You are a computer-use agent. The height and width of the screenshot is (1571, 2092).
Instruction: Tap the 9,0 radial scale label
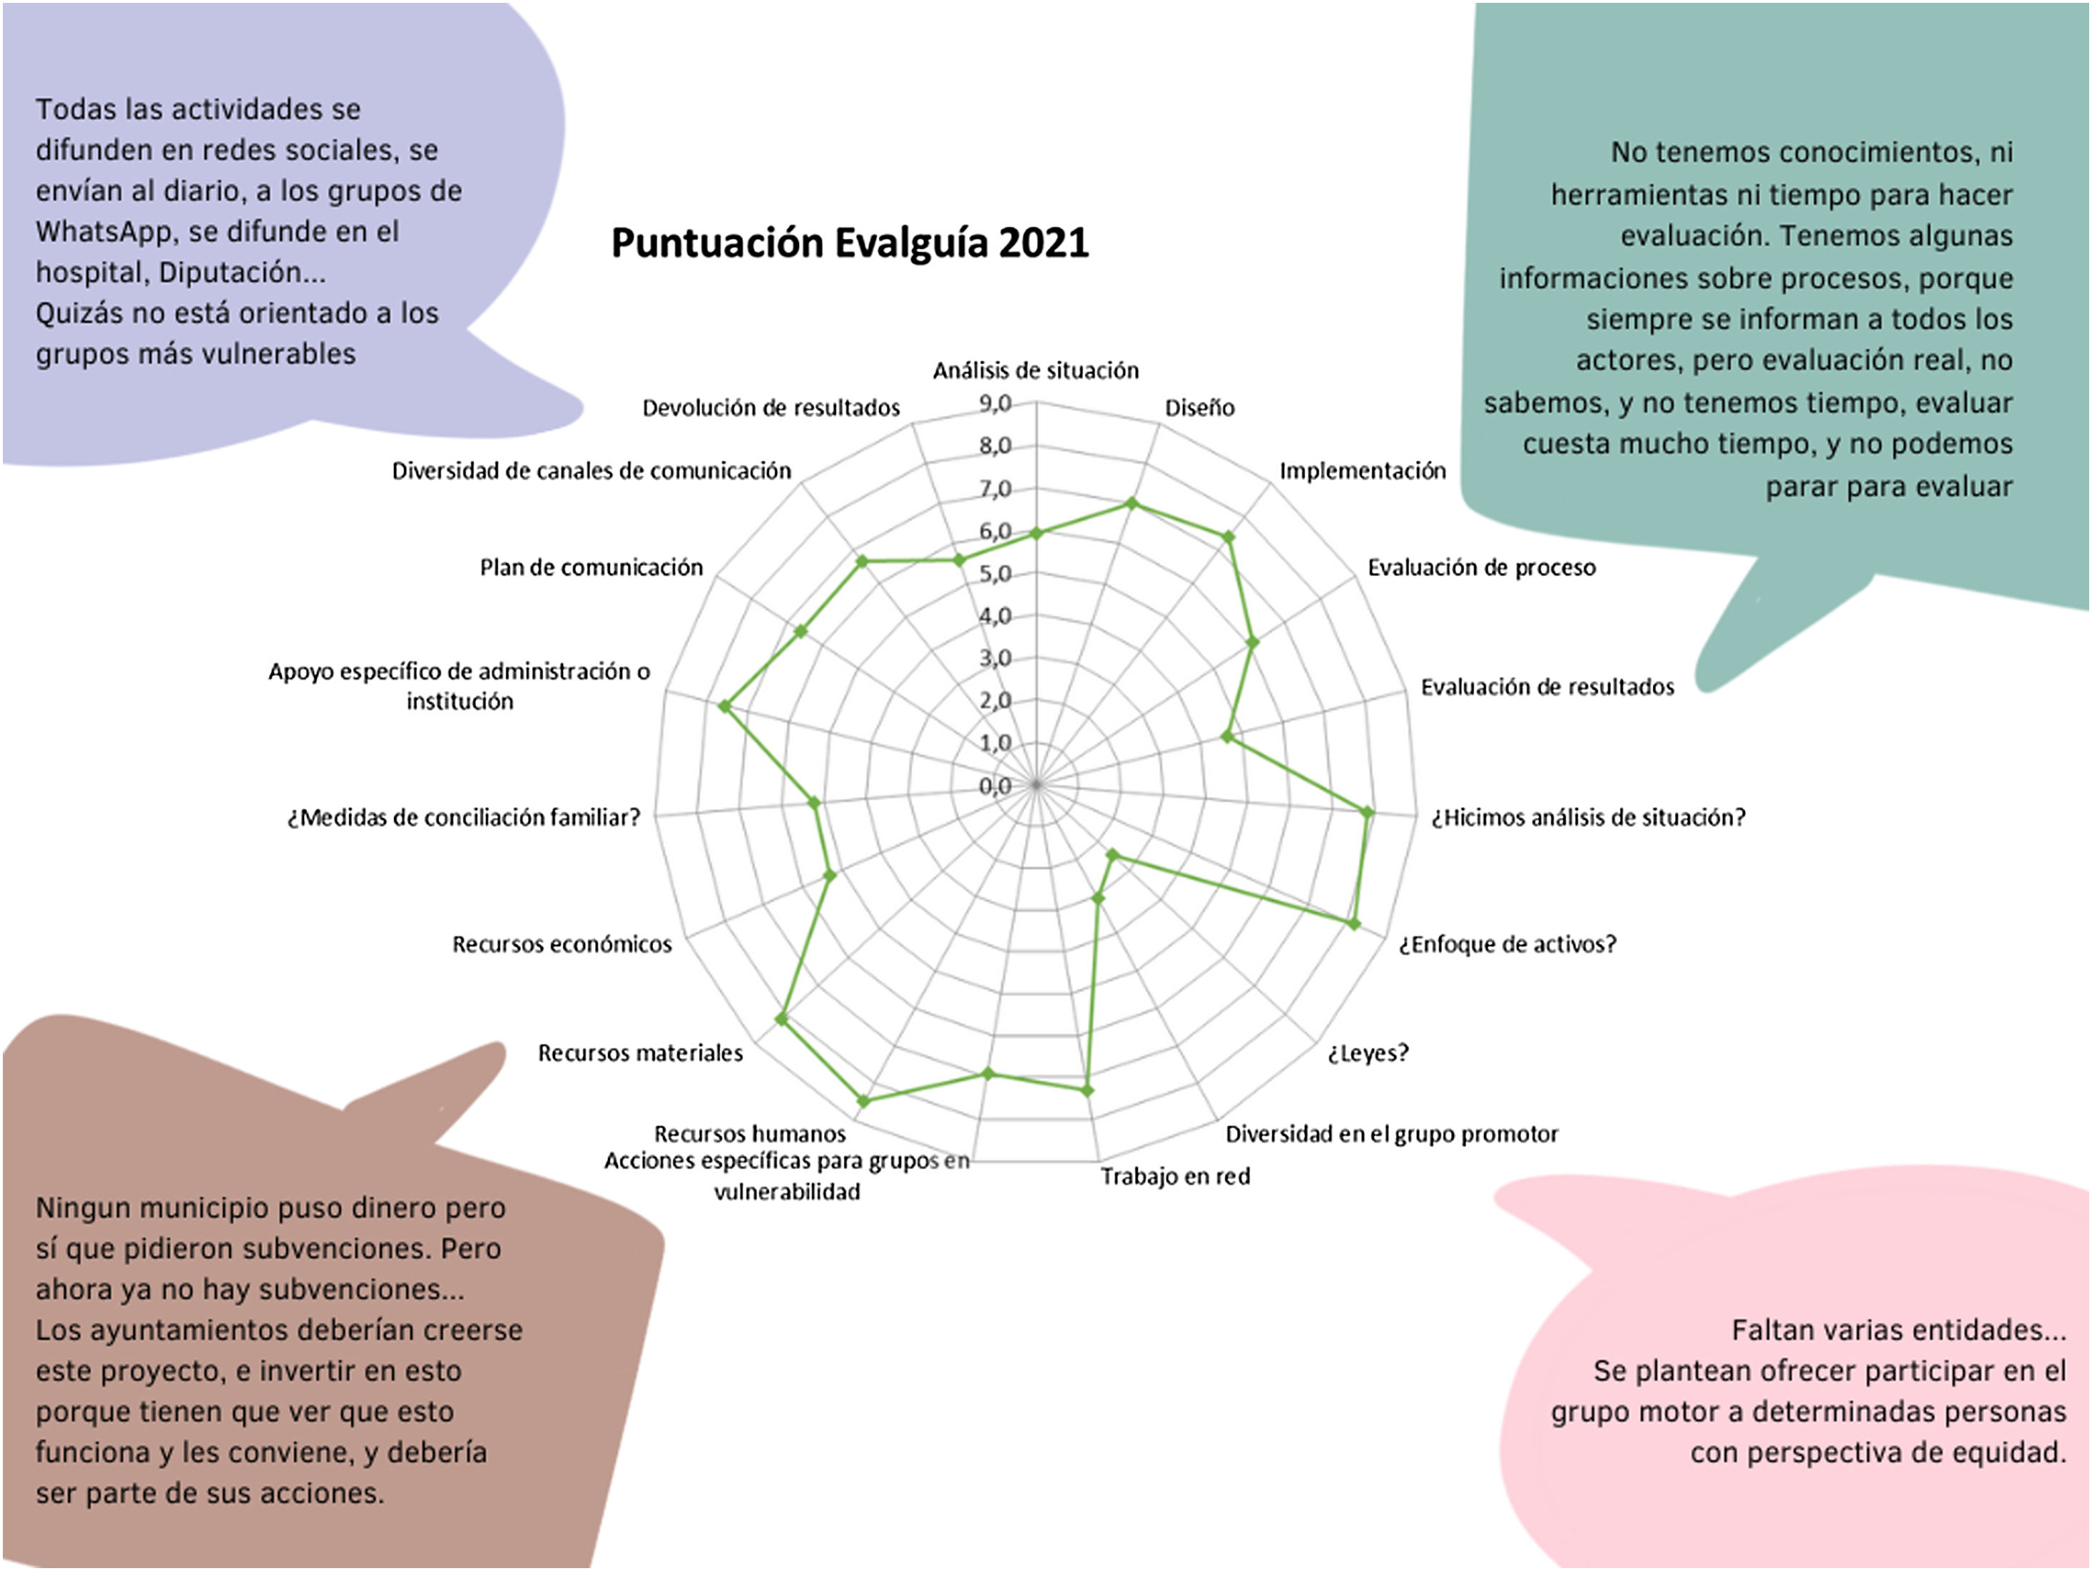(x=995, y=404)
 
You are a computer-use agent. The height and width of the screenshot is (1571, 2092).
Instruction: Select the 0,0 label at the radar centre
(x=995, y=786)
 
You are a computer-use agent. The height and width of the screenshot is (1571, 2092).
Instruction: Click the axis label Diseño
(x=1199, y=408)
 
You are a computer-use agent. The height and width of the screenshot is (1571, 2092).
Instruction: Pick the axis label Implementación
(x=1362, y=471)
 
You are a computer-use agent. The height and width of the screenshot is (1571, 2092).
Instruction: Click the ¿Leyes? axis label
(x=1367, y=1052)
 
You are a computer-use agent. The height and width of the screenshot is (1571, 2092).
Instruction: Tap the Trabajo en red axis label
(x=1174, y=1177)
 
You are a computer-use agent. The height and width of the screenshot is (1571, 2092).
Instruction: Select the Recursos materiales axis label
(x=640, y=1052)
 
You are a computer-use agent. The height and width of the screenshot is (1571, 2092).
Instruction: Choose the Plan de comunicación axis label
(x=591, y=567)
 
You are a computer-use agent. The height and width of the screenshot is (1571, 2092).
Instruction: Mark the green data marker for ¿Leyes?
(x=1113, y=856)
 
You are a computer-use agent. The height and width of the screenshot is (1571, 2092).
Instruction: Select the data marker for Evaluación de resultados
(x=1227, y=736)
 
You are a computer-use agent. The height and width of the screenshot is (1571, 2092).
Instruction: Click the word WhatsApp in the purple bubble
(x=105, y=232)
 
